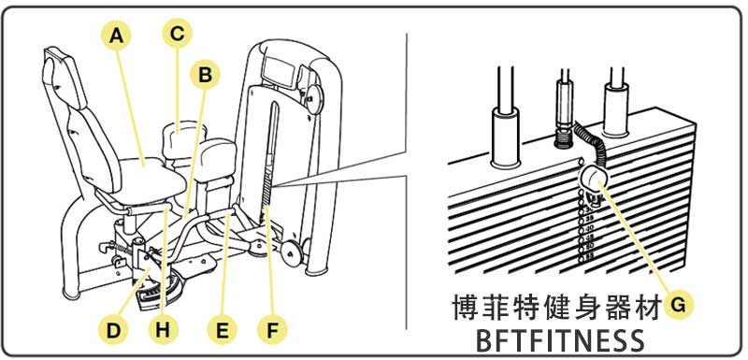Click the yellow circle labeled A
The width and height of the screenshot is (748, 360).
click(116, 36)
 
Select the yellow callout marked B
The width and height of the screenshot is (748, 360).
click(205, 75)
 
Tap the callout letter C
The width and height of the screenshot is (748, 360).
click(176, 35)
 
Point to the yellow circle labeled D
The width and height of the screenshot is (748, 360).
click(113, 330)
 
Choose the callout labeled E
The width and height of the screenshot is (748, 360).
click(222, 330)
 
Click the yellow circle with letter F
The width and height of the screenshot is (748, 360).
click(272, 330)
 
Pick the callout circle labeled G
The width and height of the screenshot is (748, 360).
click(682, 304)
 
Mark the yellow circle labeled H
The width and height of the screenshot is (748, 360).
click(163, 330)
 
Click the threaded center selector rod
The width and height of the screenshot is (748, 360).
click(565, 110)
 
